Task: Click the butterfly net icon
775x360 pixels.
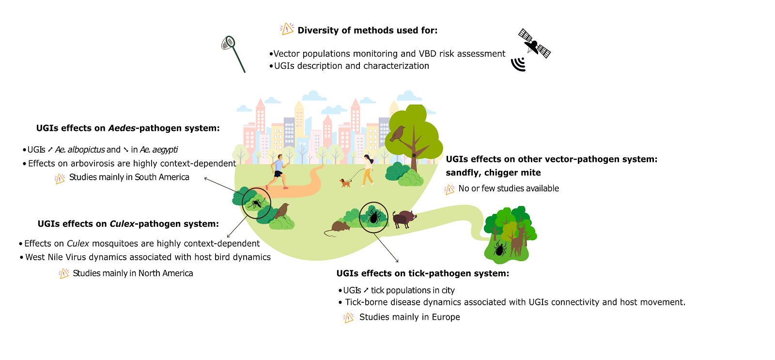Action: (232, 52)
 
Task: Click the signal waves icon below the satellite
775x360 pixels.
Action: (519, 64)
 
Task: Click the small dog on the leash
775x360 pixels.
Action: (345, 183)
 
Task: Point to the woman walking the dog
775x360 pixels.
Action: (368, 170)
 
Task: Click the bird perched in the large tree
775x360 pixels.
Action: (398, 133)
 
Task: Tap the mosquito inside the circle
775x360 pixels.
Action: (256, 203)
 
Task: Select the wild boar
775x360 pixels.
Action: (404, 219)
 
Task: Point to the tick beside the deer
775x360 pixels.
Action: (499, 249)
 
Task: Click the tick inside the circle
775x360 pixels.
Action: (373, 217)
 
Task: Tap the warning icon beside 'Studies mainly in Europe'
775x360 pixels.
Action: (348, 318)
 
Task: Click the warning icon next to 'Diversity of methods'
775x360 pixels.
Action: (287, 29)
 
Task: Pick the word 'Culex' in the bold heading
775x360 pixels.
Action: (122, 224)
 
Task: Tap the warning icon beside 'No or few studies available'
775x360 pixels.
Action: (449, 189)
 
